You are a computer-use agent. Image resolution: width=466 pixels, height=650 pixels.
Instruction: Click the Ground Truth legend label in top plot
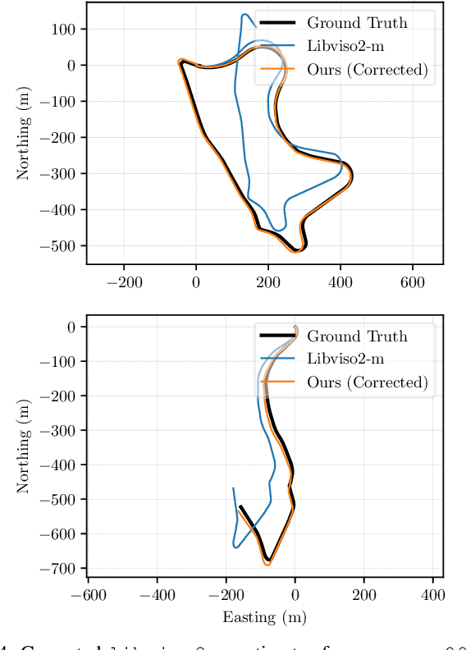(x=357, y=22)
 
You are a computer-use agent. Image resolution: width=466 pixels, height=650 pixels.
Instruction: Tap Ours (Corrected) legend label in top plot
(x=368, y=70)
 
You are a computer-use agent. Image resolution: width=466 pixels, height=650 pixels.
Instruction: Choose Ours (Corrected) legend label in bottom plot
(x=368, y=382)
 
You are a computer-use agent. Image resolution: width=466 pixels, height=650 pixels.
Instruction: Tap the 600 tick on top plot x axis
(x=412, y=282)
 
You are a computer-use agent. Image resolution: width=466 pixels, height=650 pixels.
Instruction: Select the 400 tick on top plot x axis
(x=340, y=282)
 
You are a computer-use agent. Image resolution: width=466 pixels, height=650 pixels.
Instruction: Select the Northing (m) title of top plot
(x=24, y=135)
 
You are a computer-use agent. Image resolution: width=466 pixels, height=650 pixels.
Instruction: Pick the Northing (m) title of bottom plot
(x=24, y=448)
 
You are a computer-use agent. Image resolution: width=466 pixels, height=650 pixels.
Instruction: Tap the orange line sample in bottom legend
(x=277, y=382)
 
